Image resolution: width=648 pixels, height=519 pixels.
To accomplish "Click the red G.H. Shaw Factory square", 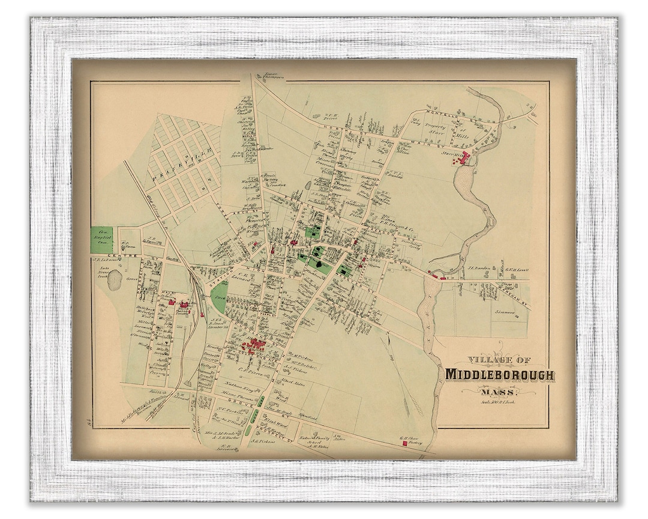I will (405, 445).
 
